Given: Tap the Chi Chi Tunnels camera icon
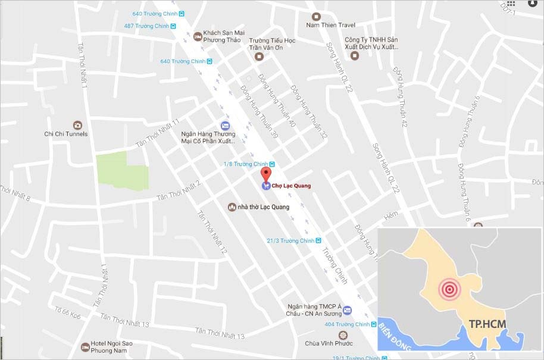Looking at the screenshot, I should click(77, 125).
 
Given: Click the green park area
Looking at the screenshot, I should click(121, 171).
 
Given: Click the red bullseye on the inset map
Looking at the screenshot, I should click(449, 290).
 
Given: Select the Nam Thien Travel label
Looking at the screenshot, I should click(330, 25).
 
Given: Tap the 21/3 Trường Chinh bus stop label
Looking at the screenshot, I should click(290, 240).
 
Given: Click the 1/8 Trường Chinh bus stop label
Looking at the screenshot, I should click(245, 164).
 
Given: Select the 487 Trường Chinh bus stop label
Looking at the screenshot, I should click(146, 26).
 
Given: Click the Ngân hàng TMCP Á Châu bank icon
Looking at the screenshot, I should click(347, 309).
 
